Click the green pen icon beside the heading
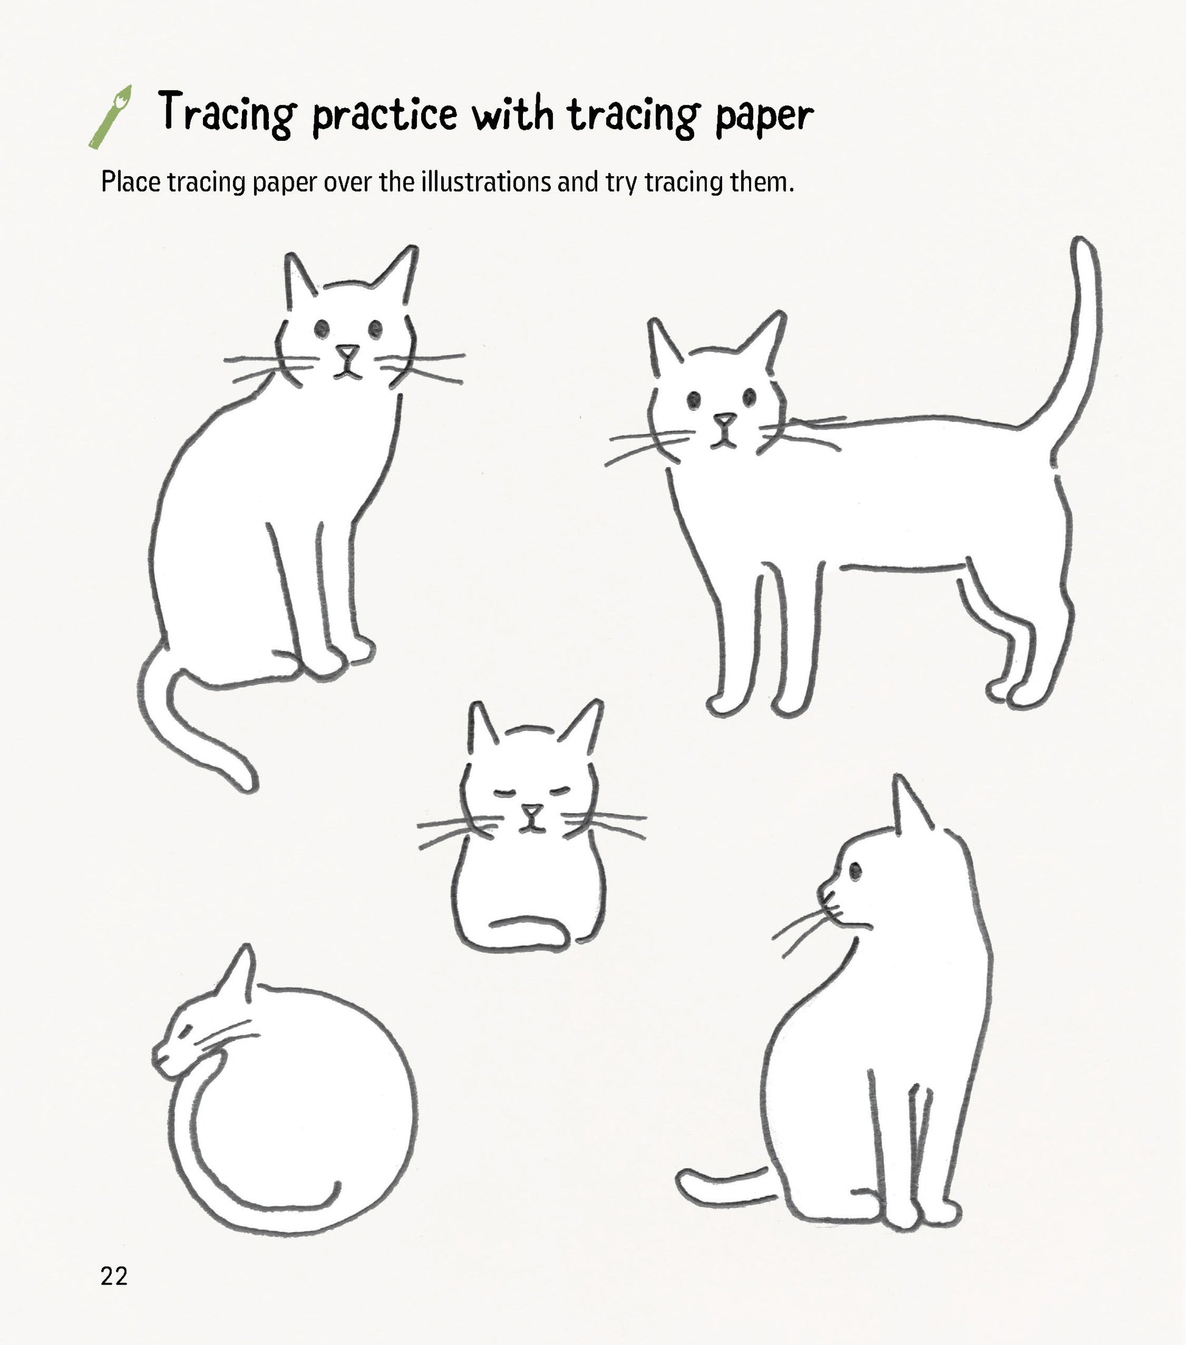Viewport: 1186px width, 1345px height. click(x=110, y=117)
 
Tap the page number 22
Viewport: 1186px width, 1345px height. click(x=114, y=1276)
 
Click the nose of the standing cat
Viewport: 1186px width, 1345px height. click(x=725, y=419)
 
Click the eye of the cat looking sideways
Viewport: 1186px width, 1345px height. click(x=855, y=871)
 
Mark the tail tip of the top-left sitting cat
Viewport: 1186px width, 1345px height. click(x=250, y=784)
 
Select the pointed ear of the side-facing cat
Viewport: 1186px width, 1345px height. click(x=909, y=806)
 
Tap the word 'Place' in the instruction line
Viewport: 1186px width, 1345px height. click(x=131, y=182)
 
